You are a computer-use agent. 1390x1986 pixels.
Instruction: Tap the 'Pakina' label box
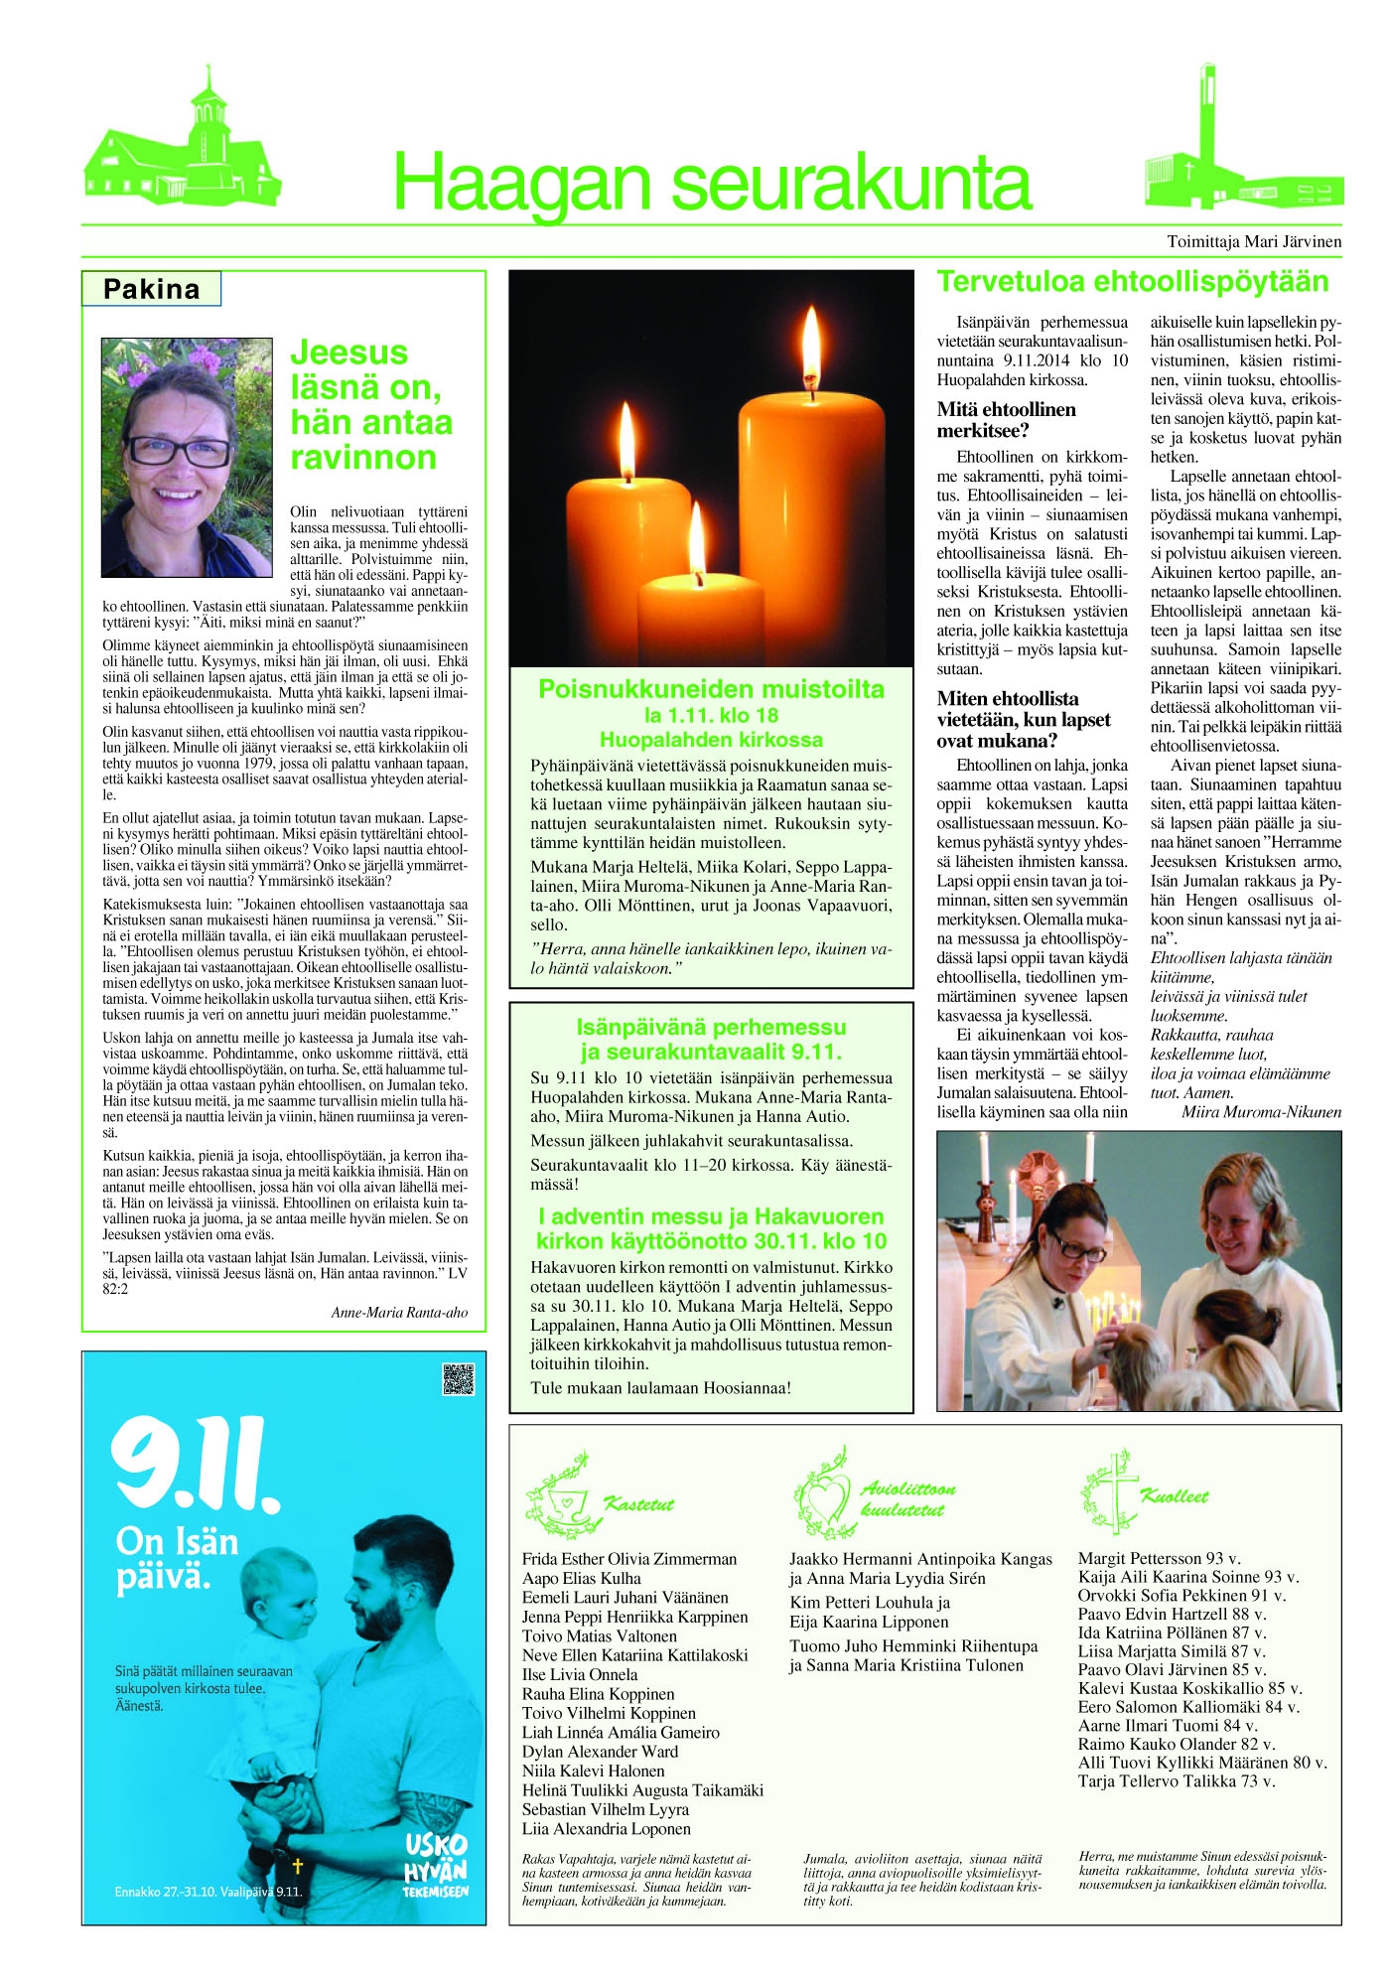point(151,290)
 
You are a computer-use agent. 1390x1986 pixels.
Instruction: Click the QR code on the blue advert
point(458,1379)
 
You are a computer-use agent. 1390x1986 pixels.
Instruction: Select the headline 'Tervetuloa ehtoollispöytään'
point(1133,282)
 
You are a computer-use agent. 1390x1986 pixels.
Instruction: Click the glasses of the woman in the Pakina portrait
point(179,451)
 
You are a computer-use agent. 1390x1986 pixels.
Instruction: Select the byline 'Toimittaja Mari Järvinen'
point(1253,241)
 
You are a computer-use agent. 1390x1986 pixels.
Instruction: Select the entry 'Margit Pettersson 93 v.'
point(1159,1558)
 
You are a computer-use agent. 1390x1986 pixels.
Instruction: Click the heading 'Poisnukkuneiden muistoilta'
point(711,689)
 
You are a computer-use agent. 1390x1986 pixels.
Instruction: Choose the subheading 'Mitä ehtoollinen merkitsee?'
point(1006,420)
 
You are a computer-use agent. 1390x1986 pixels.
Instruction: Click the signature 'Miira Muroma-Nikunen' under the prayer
point(1261,1112)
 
